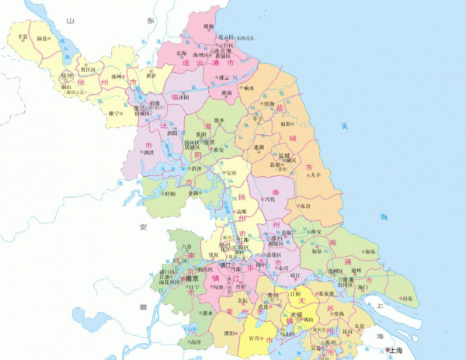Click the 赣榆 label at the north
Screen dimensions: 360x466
(x=207, y=26)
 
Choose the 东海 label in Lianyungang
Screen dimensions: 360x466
(x=182, y=53)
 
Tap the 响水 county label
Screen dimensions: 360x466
(x=249, y=88)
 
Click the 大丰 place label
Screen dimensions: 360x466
(x=315, y=175)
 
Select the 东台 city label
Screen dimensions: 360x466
(x=305, y=206)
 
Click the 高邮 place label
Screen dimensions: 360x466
(x=243, y=212)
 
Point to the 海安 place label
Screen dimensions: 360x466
(x=315, y=231)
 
